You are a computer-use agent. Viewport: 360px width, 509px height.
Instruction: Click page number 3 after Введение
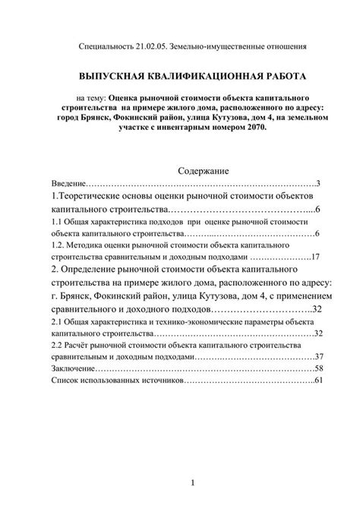pyautogui.click(x=319, y=185)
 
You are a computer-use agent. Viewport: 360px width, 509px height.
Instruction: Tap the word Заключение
pyautogui.click(x=74, y=368)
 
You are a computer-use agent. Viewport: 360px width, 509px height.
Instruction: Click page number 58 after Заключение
pyautogui.click(x=319, y=368)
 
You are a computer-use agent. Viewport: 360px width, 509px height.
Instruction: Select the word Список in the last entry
pyautogui.click(x=66, y=381)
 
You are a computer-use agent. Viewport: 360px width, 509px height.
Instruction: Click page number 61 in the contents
pyautogui.click(x=318, y=381)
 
